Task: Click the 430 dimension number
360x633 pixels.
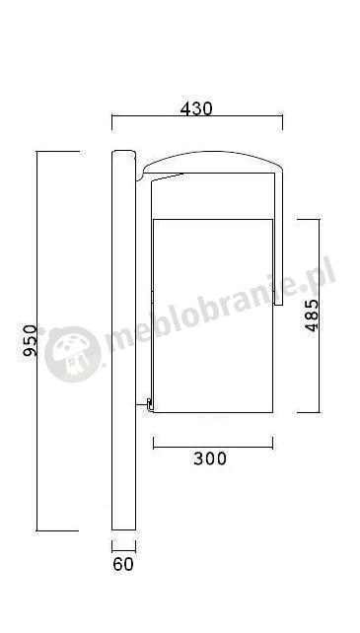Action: pos(196,108)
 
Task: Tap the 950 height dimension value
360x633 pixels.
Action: pos(30,341)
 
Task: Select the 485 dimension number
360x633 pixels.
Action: pos(312,316)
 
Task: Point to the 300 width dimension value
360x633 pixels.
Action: pos(210,458)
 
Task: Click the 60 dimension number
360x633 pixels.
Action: pos(123,564)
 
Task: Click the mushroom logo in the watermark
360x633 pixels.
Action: pos(73,354)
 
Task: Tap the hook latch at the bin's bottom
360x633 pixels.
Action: pos(149,405)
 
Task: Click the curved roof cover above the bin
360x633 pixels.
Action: pos(212,153)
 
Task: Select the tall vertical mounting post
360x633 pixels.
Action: pos(123,340)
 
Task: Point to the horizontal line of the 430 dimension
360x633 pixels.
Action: pos(197,116)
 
